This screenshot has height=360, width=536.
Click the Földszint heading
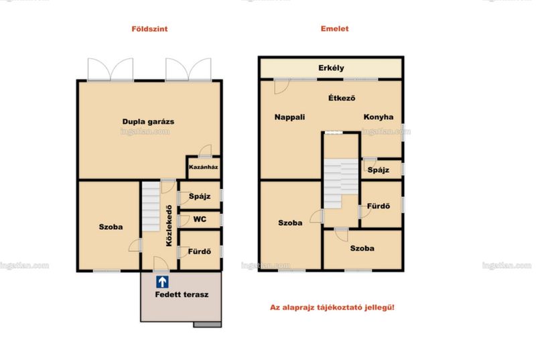click(149, 29)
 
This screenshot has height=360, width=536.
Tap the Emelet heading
click(334, 29)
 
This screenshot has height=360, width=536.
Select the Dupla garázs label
click(148, 122)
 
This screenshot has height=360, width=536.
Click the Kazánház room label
click(204, 167)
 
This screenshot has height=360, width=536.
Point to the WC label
click(200, 219)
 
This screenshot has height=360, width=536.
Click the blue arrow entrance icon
click(162, 282)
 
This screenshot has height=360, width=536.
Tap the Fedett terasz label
click(182, 294)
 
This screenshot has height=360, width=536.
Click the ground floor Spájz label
click(200, 196)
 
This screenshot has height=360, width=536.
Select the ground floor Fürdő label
click(199, 251)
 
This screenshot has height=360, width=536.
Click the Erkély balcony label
click(331, 68)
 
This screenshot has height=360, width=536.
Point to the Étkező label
click(342, 98)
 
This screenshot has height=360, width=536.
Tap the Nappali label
click(289, 117)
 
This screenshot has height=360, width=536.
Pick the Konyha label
click(379, 117)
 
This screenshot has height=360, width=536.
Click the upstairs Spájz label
click(379, 170)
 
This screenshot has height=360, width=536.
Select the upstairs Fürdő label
click(379, 206)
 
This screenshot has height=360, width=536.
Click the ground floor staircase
click(151, 206)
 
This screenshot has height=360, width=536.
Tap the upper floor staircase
click(341, 184)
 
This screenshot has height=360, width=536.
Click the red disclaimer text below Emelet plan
click(332, 307)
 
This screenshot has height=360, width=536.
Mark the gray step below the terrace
click(208, 324)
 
